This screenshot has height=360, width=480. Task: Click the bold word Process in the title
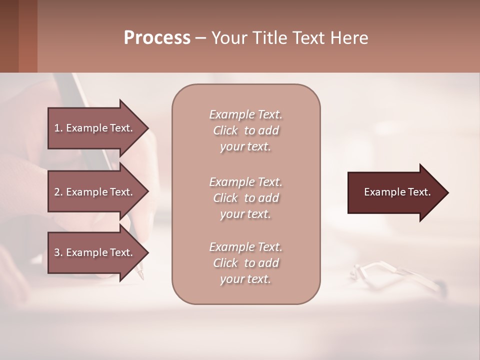click(157, 38)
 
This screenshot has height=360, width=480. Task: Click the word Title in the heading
click(270, 38)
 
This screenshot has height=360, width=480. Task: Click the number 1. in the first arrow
click(58, 128)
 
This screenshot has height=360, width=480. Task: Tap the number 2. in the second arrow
click(58, 192)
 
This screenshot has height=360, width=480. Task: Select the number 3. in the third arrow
click(58, 252)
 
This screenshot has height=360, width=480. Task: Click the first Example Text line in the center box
click(245, 114)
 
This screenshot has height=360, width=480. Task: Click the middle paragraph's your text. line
click(245, 214)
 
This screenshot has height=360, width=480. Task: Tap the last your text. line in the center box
click(245, 279)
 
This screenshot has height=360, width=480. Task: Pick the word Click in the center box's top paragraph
click(225, 130)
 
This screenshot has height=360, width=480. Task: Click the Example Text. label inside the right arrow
click(397, 192)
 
